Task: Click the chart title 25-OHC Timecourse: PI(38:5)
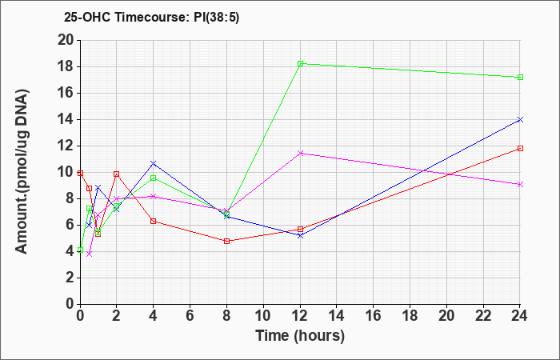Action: point(151,17)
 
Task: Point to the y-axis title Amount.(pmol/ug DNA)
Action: point(22,172)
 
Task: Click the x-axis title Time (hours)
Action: point(300,336)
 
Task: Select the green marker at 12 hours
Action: point(300,63)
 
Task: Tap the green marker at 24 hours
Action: point(520,77)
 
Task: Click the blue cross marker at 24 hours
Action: point(520,120)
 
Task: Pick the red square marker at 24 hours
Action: point(520,148)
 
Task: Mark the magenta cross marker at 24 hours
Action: point(520,184)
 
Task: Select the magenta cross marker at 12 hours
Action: point(300,153)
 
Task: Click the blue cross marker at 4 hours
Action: point(154,163)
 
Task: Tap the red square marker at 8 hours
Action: point(226,241)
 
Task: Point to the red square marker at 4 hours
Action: point(154,221)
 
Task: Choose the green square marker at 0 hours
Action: point(80,250)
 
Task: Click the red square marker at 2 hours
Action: point(117,174)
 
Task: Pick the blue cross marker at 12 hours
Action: point(300,236)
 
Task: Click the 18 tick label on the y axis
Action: point(66,66)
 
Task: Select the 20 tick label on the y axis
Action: point(66,40)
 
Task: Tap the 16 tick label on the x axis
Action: point(374,316)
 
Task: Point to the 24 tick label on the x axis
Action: point(519,316)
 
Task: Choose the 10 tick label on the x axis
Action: point(263,316)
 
